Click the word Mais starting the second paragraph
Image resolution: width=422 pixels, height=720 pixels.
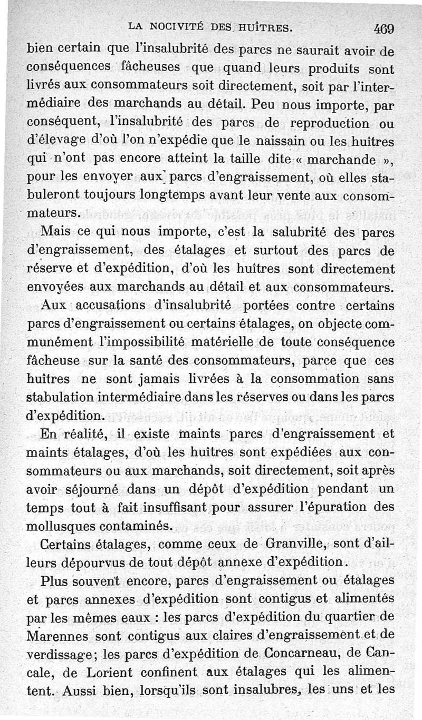click(x=54, y=231)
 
